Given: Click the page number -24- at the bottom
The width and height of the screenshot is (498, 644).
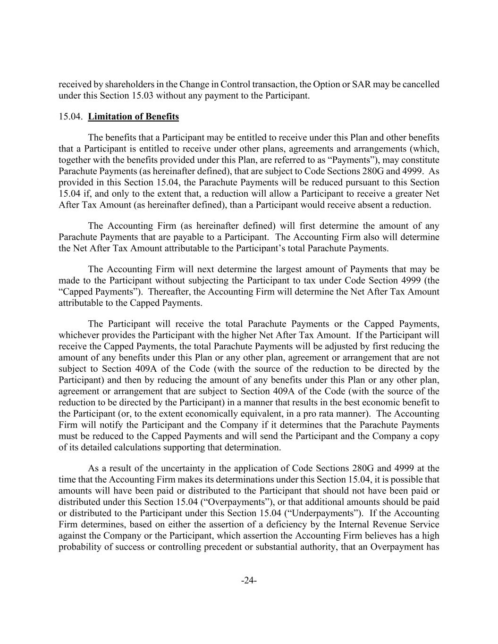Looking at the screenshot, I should point(249,581).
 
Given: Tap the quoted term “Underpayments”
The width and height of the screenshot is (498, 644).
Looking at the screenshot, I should point(325,513).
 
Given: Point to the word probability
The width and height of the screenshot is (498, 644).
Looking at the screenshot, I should point(79,547).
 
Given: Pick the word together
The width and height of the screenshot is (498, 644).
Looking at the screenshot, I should point(76,160).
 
